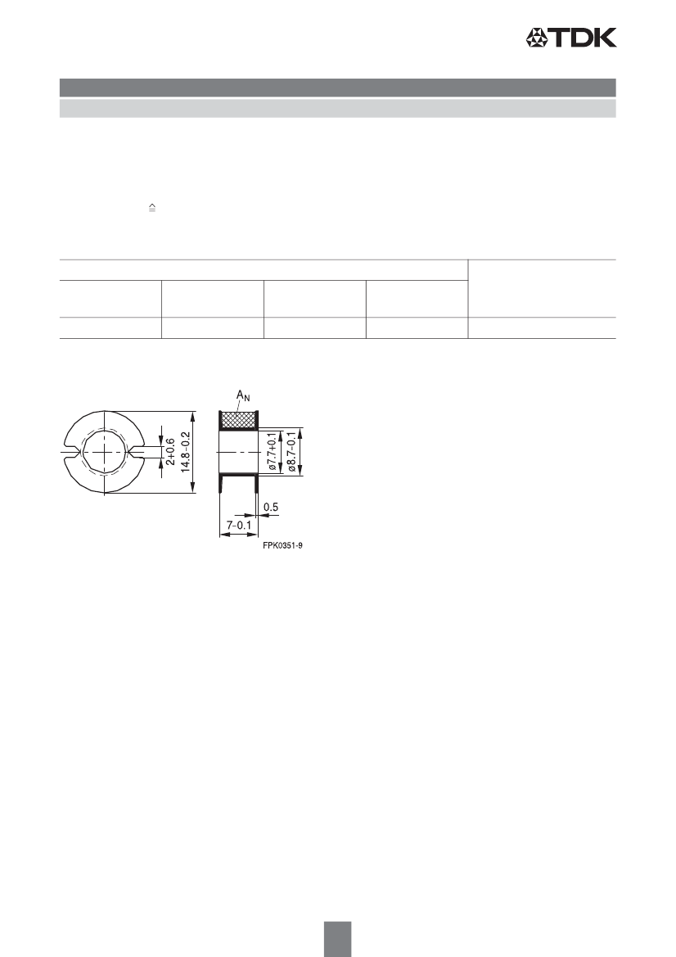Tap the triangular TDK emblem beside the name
[x=539, y=38]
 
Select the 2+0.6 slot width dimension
[x=170, y=452]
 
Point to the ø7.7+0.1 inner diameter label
[x=272, y=452]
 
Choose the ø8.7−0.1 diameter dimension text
[x=291, y=452]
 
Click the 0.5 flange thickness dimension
[x=271, y=507]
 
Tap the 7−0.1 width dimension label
[x=238, y=524]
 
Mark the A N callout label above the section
[x=243, y=396]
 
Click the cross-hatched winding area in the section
[x=238, y=420]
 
